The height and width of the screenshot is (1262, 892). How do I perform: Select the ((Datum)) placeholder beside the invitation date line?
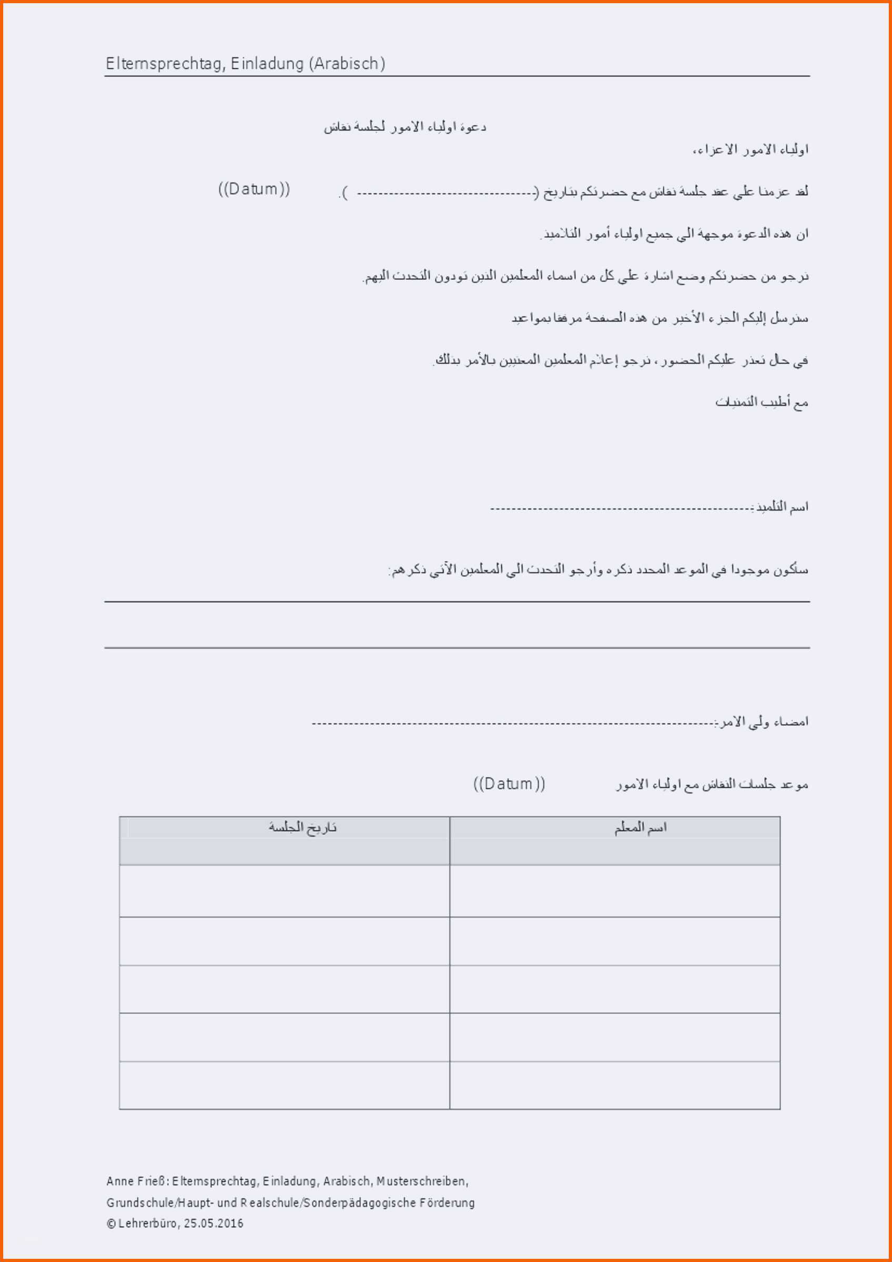click(254, 189)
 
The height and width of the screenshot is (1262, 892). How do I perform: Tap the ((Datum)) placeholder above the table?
click(509, 783)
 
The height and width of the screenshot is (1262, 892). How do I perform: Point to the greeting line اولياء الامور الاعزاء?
click(750, 149)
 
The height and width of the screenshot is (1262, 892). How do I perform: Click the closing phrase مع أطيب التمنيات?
click(761, 402)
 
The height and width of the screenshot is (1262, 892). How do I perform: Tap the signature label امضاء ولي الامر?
click(763, 721)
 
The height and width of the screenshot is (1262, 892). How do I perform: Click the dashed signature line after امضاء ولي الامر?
click(511, 724)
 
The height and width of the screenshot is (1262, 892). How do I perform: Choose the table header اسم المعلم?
click(640, 828)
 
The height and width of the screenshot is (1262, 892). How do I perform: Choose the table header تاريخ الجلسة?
click(302, 828)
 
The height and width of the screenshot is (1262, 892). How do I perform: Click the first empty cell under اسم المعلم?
click(614, 890)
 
